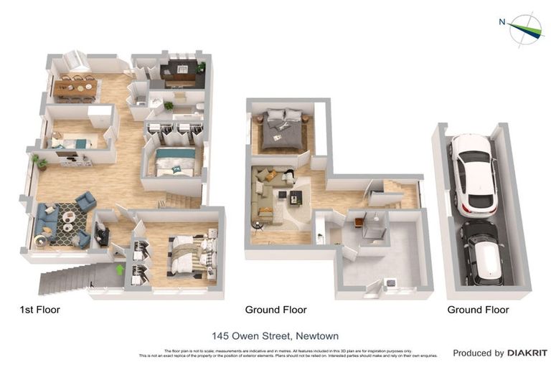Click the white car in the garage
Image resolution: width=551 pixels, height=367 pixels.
[473, 174]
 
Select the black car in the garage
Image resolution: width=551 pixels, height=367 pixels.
[481, 253]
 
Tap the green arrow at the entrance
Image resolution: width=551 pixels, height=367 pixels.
[119, 270]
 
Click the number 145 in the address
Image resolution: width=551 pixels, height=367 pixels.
[221, 335]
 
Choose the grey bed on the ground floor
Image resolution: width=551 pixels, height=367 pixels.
[282, 130]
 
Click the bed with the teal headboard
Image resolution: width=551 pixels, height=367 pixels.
[176, 161]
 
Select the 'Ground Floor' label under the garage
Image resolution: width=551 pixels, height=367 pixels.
[478, 310]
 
